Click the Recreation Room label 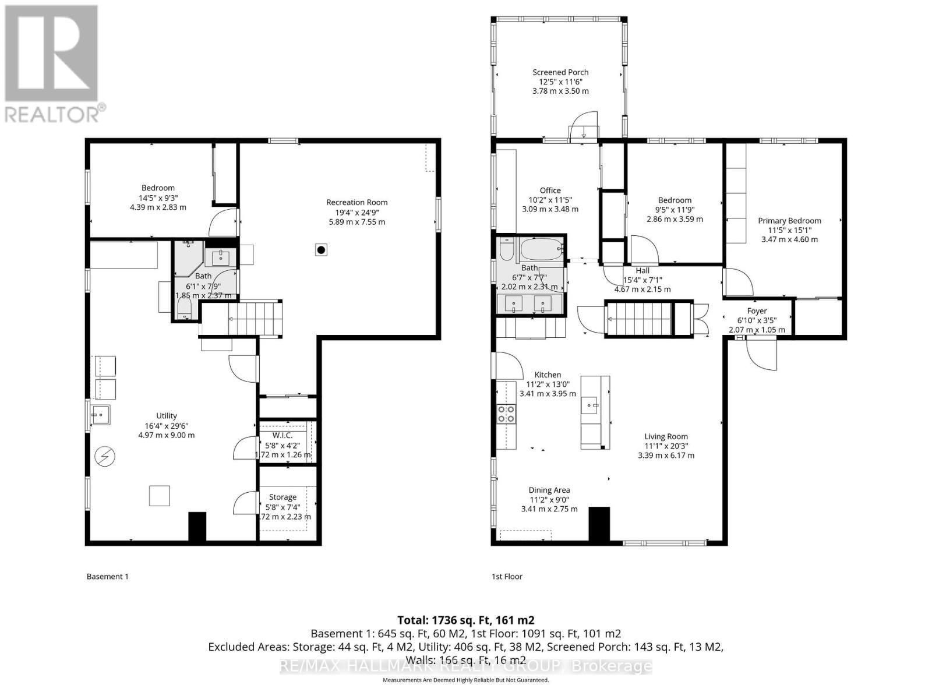[x=356, y=203]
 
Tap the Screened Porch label [x=560, y=72]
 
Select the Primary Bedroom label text [x=789, y=221]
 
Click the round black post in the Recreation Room [x=320, y=250]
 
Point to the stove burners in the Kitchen [x=506, y=414]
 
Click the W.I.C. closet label [x=283, y=436]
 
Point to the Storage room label [x=283, y=497]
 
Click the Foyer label [x=757, y=311]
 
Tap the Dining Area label [x=549, y=490]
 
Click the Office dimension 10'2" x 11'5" [x=550, y=200]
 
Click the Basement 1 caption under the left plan [x=107, y=577]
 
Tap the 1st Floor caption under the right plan [x=507, y=577]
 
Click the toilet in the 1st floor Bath [x=506, y=249]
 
